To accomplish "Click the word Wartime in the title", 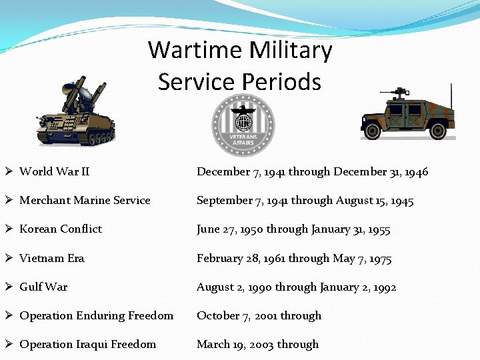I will point(193,50).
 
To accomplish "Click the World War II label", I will point(55,171).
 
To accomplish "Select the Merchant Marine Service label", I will point(85,200).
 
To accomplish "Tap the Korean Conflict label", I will point(61,229).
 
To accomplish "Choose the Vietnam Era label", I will point(52,258).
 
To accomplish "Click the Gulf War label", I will point(43,287).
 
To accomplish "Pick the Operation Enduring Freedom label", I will point(96,315).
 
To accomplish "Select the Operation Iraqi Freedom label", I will point(87,344).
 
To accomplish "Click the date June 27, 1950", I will point(230,229).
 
